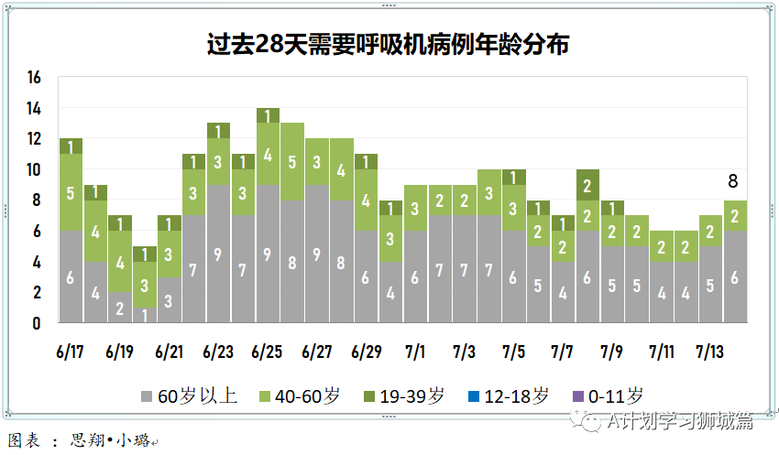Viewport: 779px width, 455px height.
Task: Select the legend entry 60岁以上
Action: point(189,396)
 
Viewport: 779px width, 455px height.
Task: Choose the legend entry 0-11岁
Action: point(607,396)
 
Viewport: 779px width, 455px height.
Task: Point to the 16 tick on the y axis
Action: point(35,78)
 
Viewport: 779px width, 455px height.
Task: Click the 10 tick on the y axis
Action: point(35,169)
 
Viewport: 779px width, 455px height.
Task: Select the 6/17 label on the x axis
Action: point(71,352)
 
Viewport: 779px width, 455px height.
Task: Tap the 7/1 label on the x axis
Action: point(416,352)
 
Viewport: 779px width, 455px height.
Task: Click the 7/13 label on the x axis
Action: point(712,352)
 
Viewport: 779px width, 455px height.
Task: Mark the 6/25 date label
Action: point(268,352)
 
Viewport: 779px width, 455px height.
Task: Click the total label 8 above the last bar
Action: point(732,181)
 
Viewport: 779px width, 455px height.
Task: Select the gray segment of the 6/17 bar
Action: point(71,276)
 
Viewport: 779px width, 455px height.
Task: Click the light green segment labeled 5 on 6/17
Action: point(71,192)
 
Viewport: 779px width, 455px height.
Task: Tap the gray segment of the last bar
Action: point(734,276)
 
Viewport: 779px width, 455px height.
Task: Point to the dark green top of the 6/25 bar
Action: point(268,115)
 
